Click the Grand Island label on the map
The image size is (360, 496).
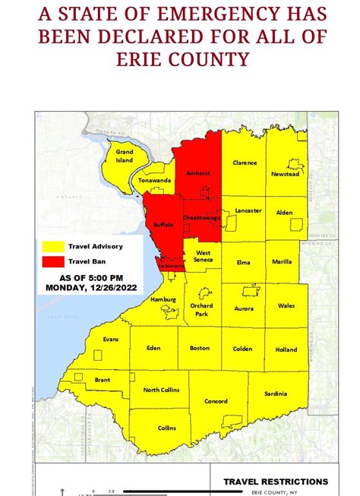pyautogui.click(x=125, y=156)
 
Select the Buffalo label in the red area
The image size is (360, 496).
pyautogui.click(x=164, y=226)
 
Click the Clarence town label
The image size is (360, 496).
pyautogui.click(x=245, y=162)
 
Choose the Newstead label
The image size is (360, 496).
pyautogui.click(x=279, y=173)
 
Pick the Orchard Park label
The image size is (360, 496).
pyautogui.click(x=201, y=309)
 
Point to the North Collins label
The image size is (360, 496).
pyautogui.click(x=161, y=390)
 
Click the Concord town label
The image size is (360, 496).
pyautogui.click(x=215, y=401)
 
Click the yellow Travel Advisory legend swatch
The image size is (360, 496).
pyautogui.click(x=52, y=247)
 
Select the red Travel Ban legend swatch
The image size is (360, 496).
pyautogui.click(x=52, y=261)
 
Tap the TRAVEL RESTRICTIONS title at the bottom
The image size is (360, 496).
pyautogui.click(x=276, y=482)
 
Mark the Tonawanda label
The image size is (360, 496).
pyautogui.click(x=153, y=181)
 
